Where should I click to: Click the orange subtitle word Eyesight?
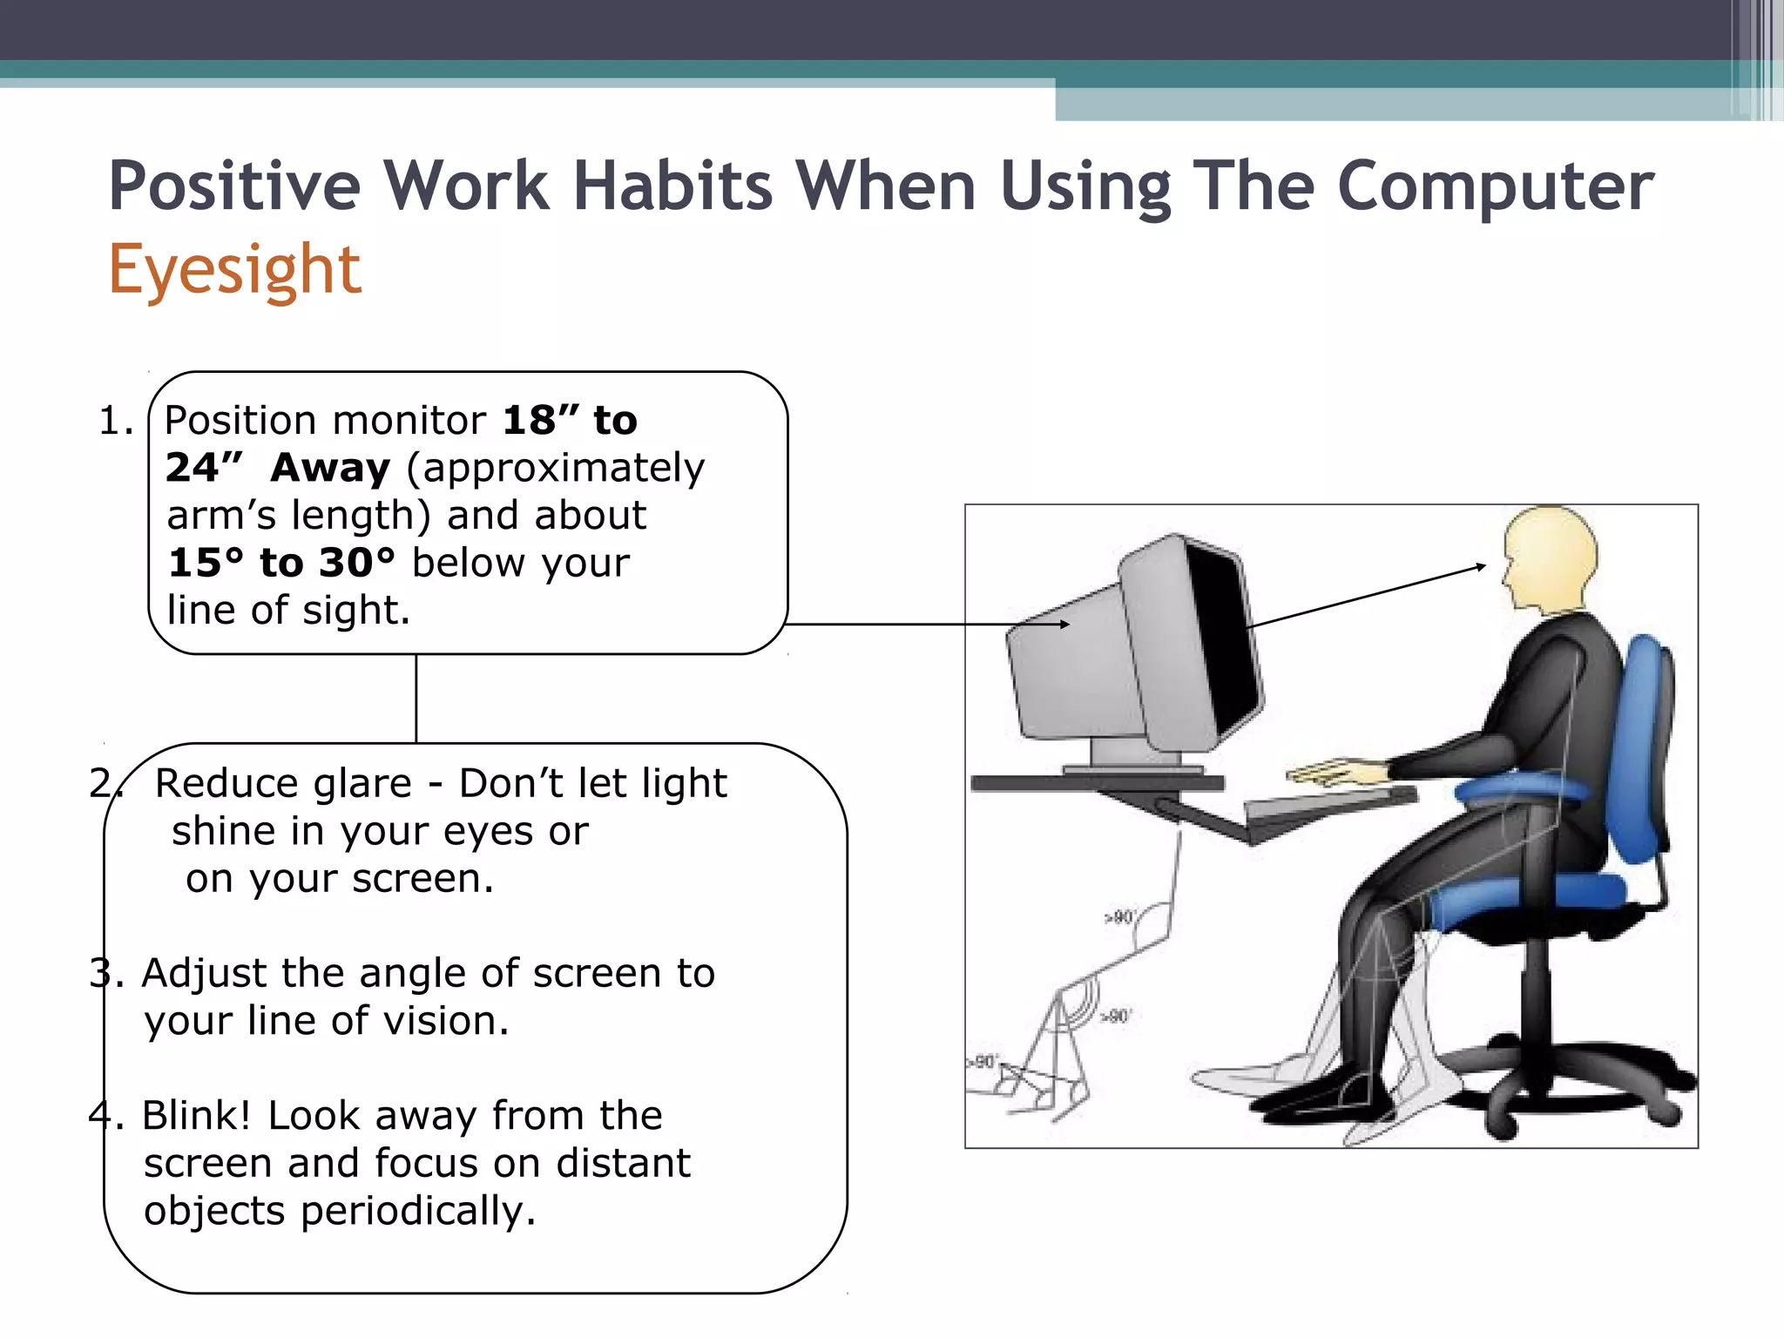click(234, 270)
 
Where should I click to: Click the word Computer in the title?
click(1495, 186)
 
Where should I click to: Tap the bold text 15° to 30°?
click(281, 563)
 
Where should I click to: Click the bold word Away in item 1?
click(330, 469)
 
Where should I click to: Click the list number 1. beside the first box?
click(116, 422)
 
